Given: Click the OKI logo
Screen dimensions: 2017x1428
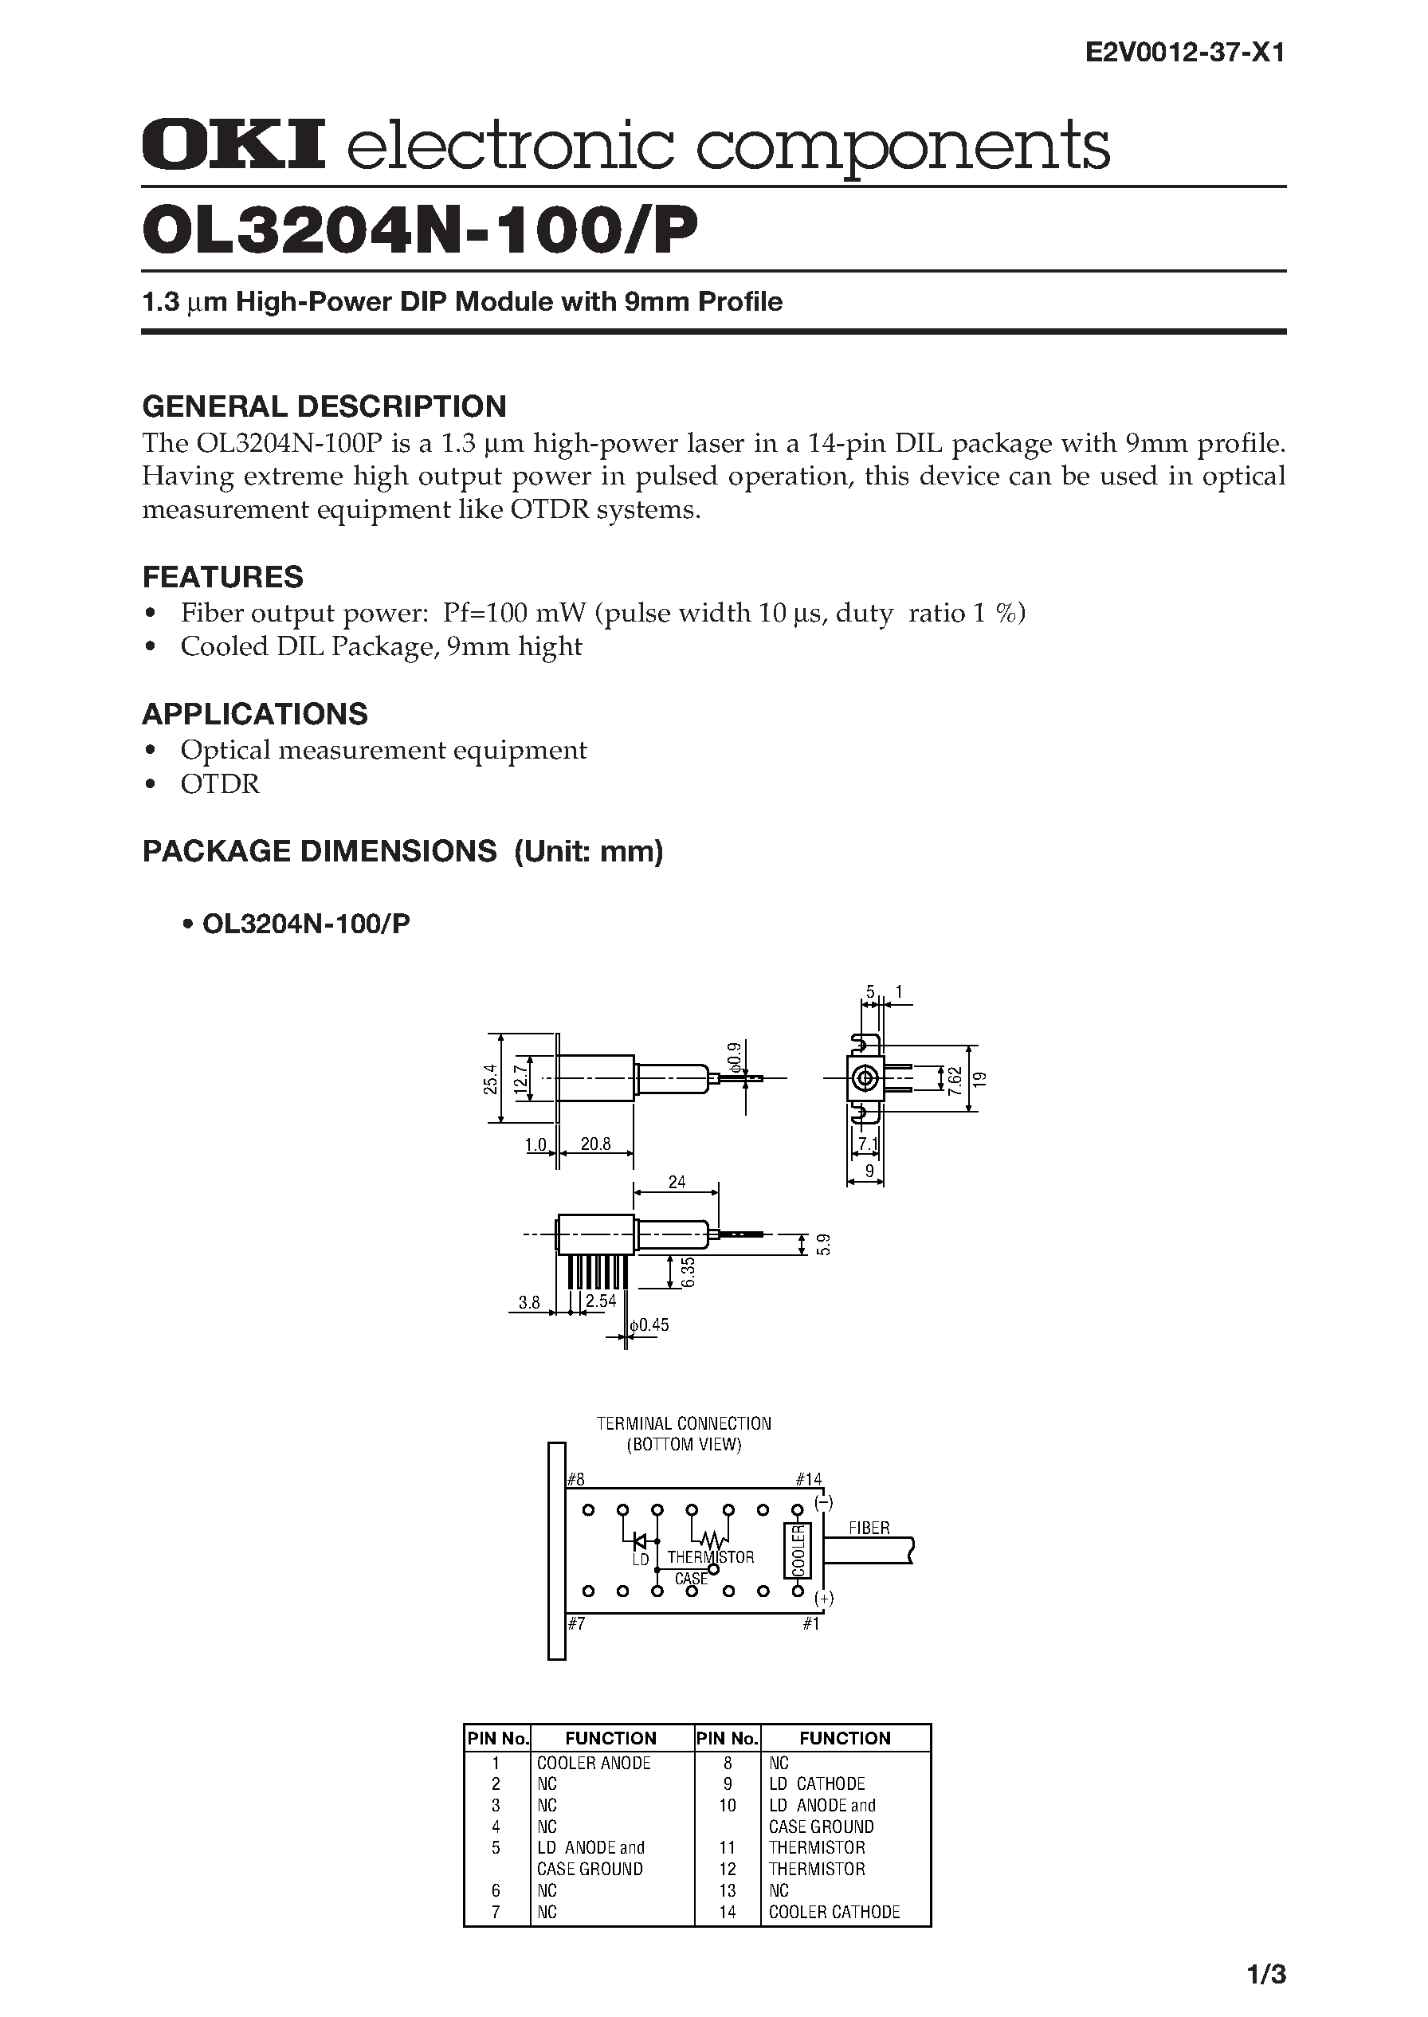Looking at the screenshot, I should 233,144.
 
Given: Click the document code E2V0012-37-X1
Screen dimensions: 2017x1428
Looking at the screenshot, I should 1185,53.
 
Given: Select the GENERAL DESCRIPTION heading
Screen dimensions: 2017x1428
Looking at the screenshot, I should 324,406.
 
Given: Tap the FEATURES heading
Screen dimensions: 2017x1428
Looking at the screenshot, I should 222,577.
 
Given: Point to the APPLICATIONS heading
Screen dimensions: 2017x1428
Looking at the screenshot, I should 254,713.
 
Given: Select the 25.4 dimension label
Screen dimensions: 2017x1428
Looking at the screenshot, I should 491,1079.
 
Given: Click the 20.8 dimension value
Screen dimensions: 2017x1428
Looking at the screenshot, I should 595,1145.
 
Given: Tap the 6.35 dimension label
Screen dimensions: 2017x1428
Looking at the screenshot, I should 688,1272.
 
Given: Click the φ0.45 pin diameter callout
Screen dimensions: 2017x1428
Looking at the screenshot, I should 649,1325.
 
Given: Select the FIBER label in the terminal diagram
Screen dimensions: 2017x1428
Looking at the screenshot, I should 869,1528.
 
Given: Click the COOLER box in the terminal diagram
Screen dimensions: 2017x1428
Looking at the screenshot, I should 798,1550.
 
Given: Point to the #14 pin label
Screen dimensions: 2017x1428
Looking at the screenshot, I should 807,1479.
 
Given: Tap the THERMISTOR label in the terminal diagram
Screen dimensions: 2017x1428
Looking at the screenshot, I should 711,1557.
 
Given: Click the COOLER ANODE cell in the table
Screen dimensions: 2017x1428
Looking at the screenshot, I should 594,1763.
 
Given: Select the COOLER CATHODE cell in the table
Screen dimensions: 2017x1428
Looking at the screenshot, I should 834,1912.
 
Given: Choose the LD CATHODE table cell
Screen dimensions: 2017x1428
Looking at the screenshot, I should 816,1784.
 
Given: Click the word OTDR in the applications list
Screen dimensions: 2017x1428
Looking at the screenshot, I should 220,783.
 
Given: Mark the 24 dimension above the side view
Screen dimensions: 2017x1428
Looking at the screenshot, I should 677,1182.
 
